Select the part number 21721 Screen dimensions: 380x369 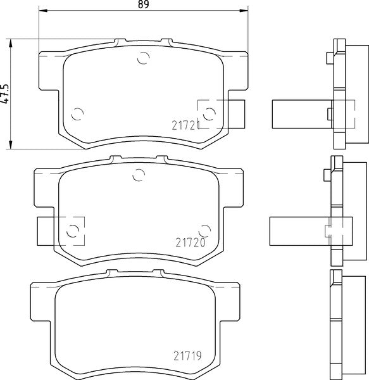[x=185, y=126]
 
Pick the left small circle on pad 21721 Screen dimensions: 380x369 [x=77, y=115]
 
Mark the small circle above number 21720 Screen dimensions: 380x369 [x=203, y=229]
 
